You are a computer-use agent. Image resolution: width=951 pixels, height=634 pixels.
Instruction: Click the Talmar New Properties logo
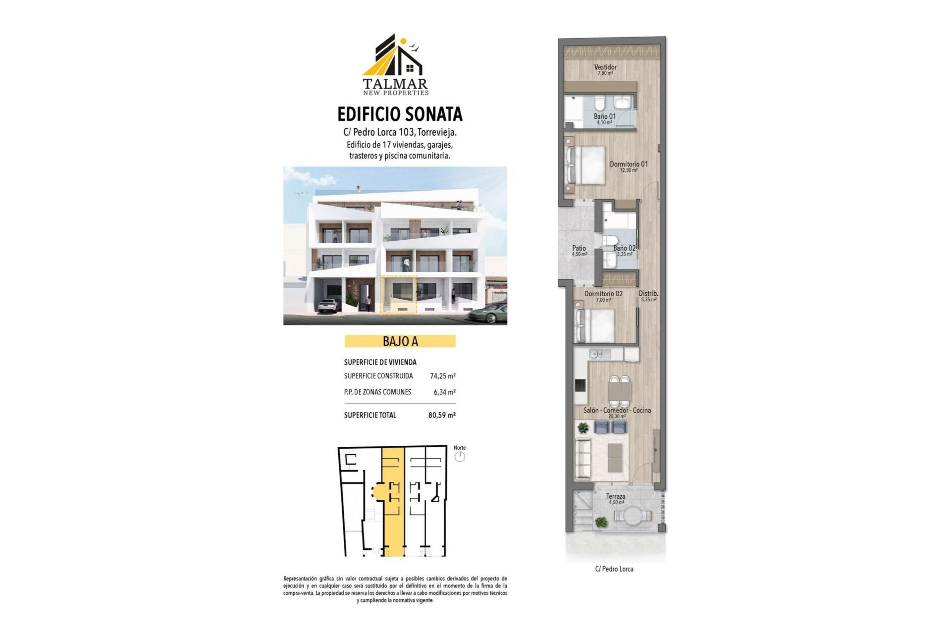395,64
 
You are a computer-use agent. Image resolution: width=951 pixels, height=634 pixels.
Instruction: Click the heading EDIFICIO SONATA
400,114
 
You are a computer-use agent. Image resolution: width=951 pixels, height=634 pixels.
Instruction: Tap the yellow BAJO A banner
400,341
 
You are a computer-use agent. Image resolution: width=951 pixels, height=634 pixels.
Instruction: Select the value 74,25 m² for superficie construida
442,376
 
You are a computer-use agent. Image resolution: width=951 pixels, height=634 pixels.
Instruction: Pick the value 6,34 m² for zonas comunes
444,392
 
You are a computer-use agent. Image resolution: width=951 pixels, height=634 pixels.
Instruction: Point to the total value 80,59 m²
442,415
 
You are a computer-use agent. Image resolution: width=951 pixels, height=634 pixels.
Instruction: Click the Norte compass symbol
460,456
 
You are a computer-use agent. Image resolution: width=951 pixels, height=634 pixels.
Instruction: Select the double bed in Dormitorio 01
587,165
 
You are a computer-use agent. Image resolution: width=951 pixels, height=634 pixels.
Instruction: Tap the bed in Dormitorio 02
595,325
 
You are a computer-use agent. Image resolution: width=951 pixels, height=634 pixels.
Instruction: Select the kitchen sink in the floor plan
596,354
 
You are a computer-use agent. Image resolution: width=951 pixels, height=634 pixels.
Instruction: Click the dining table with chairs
619,391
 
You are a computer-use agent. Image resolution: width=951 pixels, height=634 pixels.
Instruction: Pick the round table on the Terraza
632,516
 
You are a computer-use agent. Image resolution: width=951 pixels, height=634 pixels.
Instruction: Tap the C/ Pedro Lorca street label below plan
614,569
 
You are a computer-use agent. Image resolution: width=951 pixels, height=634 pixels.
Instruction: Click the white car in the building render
329,305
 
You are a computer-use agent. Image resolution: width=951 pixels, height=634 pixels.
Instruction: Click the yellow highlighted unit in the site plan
394,500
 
